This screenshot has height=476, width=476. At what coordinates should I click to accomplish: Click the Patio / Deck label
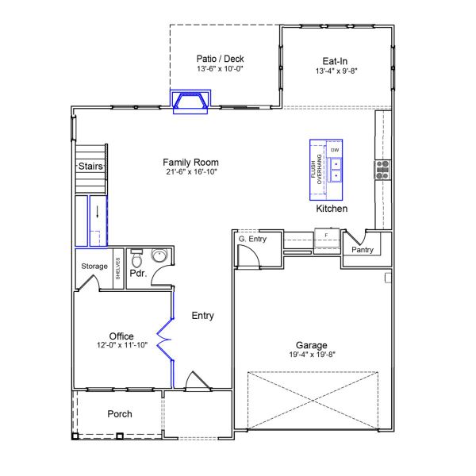pos(220,59)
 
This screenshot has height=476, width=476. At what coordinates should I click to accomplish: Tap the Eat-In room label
pos(332,60)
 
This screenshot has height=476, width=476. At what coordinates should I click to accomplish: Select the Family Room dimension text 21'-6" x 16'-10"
pos(191,171)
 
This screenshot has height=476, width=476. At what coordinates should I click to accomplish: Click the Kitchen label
pos(332,209)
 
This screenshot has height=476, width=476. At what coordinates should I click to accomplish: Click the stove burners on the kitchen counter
pos(382,168)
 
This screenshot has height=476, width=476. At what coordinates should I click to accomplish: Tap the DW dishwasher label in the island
pos(335,150)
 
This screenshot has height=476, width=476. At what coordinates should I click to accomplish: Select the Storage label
pos(94,267)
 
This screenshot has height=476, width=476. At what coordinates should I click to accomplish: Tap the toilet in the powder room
pos(136,259)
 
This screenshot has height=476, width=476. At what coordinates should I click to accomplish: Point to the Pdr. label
pos(140,274)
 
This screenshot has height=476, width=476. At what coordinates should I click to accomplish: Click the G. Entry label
pos(252,239)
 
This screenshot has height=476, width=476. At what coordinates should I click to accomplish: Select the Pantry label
pos(362,250)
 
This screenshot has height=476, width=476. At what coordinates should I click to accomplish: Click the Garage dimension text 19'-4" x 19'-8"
pos(312,355)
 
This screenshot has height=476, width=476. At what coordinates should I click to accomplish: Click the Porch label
pos(119,414)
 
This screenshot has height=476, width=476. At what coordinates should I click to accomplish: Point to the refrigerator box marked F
pos(326,236)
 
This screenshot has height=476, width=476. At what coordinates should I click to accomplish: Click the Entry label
pos(203,316)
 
